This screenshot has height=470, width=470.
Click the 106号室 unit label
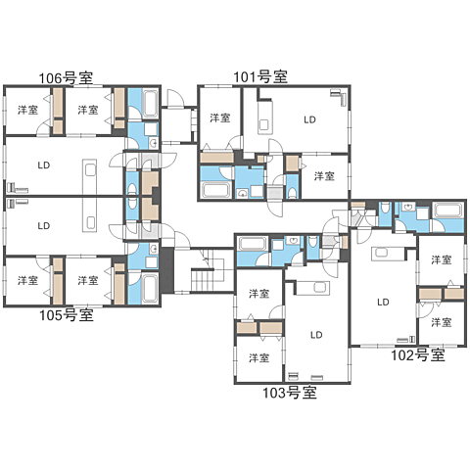pyautogui.click(x=66, y=78)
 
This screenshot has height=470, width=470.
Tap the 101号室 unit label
pyautogui.click(x=260, y=76)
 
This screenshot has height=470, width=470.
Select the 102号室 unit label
pyautogui.click(x=418, y=354)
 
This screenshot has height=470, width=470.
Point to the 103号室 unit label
pyautogui.click(x=290, y=393)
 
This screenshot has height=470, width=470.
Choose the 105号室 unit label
pyautogui.click(x=67, y=315)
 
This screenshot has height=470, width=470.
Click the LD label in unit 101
pyautogui.click(x=309, y=119)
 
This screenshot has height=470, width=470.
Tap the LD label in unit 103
pyautogui.click(x=316, y=335)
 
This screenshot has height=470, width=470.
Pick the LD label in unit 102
pyautogui.click(x=383, y=302)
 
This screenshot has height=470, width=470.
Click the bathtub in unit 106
pyautogui.click(x=151, y=104)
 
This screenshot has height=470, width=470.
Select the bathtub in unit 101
pyautogui.click(x=216, y=190)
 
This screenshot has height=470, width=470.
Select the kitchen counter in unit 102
pyautogui.click(x=388, y=254)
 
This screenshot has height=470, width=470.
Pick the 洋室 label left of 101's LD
pyautogui.click(x=220, y=117)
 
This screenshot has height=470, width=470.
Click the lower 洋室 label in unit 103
pyautogui.click(x=259, y=357)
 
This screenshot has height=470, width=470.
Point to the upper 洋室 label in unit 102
pyautogui.click(x=442, y=259)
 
